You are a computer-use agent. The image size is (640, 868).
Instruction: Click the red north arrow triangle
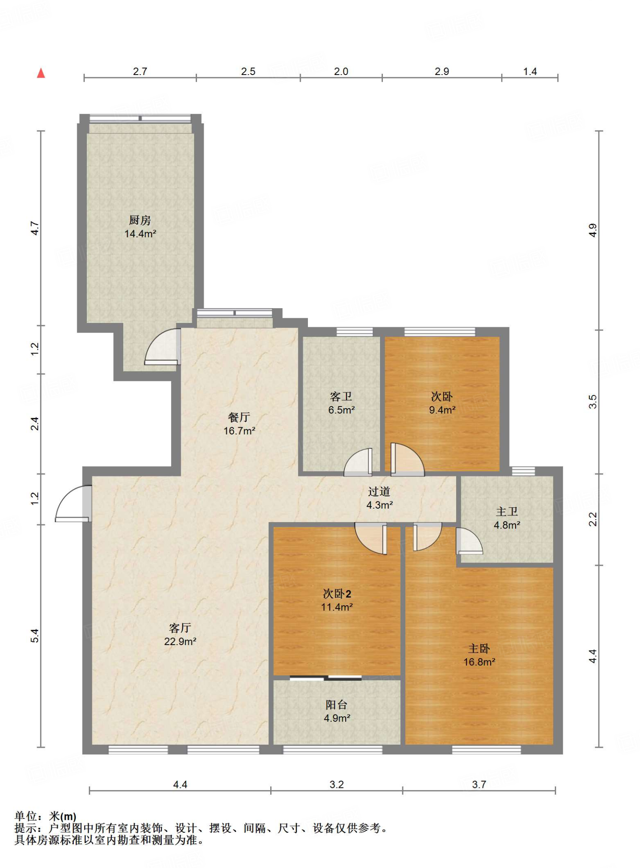coord(41,73)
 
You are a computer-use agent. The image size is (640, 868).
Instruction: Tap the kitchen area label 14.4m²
coord(140,234)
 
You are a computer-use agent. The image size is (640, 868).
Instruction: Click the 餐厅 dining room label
coord(239,417)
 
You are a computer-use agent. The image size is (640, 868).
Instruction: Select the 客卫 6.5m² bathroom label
coord(341,403)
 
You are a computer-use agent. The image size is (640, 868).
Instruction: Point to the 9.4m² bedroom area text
coord(442,410)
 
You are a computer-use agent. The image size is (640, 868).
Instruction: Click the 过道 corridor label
coord(379,492)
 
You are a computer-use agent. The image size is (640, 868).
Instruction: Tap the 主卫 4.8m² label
coord(507,518)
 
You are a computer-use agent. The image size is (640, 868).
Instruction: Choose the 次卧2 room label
coord(337,594)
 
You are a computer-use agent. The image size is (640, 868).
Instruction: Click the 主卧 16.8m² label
coord(479,655)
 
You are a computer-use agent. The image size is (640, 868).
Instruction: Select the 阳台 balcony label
coord(337,705)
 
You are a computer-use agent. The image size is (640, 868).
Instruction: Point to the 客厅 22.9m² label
coord(180,634)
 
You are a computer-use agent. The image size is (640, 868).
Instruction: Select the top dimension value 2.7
coord(140,71)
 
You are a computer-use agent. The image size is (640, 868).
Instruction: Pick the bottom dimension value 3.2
coord(337,785)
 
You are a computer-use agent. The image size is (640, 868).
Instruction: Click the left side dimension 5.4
coord(35,636)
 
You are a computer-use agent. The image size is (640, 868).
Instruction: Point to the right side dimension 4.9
coord(593,230)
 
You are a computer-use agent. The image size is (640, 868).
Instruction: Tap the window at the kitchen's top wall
coord(141,118)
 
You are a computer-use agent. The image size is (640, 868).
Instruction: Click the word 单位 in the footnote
coord(26,816)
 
